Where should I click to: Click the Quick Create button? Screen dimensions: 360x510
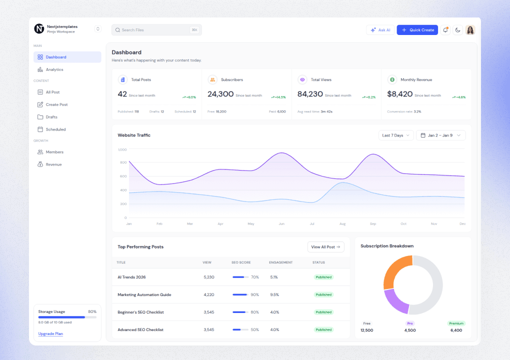click(x=417, y=30)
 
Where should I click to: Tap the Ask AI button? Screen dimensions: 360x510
click(x=380, y=30)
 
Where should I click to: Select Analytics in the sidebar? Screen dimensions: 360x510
click(x=54, y=69)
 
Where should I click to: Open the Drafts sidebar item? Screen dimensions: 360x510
click(x=51, y=117)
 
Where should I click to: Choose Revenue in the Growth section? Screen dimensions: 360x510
click(x=53, y=164)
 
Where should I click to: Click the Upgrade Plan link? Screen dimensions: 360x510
click(x=50, y=333)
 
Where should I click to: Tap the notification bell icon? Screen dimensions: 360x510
click(x=445, y=30)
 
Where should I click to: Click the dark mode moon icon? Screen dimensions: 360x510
click(x=457, y=30)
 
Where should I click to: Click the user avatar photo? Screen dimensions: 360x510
click(x=470, y=30)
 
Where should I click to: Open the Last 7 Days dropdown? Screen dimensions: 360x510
click(x=396, y=135)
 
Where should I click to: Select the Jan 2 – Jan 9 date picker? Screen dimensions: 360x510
click(x=440, y=135)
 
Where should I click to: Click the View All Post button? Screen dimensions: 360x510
click(x=325, y=247)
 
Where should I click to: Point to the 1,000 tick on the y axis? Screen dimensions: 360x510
click(x=122, y=149)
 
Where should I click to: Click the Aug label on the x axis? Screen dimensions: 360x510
click(x=342, y=223)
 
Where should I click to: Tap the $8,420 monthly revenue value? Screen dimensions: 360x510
click(x=399, y=94)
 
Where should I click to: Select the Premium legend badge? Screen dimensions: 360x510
click(x=456, y=323)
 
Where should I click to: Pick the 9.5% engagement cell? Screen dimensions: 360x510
click(x=274, y=294)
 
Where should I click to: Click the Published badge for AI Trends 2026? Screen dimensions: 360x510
click(x=323, y=277)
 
